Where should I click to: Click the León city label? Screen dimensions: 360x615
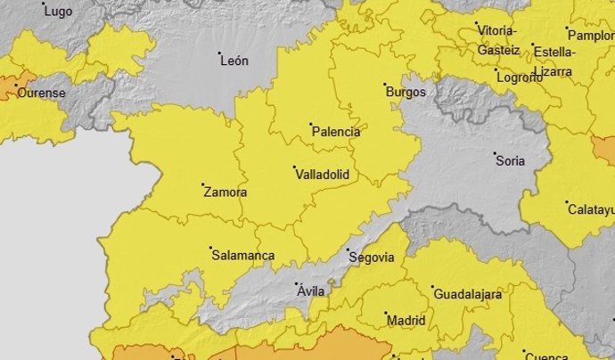click(x=234, y=61)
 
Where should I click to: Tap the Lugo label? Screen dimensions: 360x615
click(x=58, y=12)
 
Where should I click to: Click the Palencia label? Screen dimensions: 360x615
click(x=336, y=132)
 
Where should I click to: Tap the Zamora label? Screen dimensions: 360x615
click(x=225, y=192)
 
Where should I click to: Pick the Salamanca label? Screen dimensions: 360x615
click(x=242, y=255)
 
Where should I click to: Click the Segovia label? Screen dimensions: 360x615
click(x=373, y=258)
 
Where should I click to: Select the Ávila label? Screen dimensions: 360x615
click(x=310, y=291)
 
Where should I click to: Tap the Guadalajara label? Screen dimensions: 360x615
click(x=467, y=294)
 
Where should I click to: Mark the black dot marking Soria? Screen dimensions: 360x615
click(x=497, y=154)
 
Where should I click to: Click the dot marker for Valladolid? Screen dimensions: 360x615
click(x=295, y=167)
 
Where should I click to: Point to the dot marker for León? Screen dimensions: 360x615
click(x=220, y=53)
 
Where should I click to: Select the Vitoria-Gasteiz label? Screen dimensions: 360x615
click(x=498, y=40)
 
